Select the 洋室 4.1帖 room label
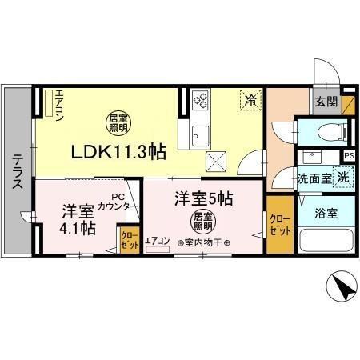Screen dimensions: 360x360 click(x=79, y=220)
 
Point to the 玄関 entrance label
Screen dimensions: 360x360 click(x=326, y=102)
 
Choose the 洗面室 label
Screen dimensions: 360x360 click(x=314, y=178)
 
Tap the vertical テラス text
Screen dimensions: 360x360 click(x=17, y=172)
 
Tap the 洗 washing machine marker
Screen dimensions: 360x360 click(x=342, y=178)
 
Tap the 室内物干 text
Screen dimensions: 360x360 click(x=204, y=243)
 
